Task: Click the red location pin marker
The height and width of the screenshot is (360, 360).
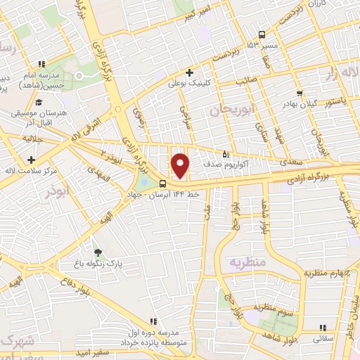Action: tap(181, 165)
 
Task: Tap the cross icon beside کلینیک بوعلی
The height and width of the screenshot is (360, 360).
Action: tap(189, 72)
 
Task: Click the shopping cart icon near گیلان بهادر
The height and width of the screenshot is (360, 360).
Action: tap(300, 93)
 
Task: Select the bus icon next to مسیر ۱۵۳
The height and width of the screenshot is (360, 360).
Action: tap(262, 34)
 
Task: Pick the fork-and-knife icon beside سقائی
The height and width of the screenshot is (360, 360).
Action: tap(322, 328)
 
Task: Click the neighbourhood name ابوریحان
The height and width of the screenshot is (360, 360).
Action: tap(230, 109)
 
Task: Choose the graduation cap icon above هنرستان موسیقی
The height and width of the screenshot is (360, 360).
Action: tap(38, 103)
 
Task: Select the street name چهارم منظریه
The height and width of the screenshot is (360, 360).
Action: tap(326, 273)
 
